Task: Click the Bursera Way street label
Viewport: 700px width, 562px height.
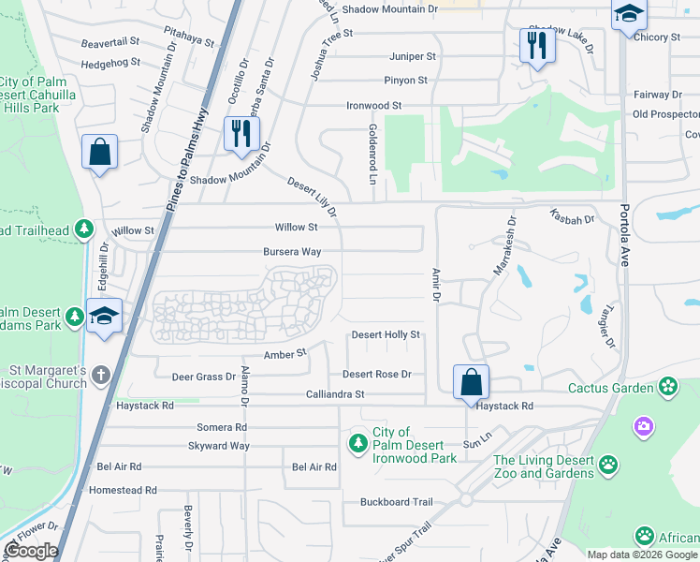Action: coord(292,252)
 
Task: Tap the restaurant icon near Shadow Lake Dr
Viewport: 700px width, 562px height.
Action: coord(536,46)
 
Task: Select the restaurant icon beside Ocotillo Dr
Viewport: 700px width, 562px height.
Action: coord(241,134)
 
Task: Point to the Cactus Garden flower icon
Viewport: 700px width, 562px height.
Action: coord(667,386)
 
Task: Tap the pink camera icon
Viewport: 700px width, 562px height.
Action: coord(643,427)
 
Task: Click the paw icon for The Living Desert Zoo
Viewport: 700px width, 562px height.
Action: coord(608,464)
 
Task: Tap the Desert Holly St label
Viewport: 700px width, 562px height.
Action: coord(386,334)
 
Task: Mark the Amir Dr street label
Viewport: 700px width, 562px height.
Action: coord(435,284)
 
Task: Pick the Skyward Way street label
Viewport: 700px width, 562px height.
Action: coord(219,446)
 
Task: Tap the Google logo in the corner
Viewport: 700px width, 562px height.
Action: coord(31,551)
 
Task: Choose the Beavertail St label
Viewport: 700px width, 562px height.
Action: coord(109,42)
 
